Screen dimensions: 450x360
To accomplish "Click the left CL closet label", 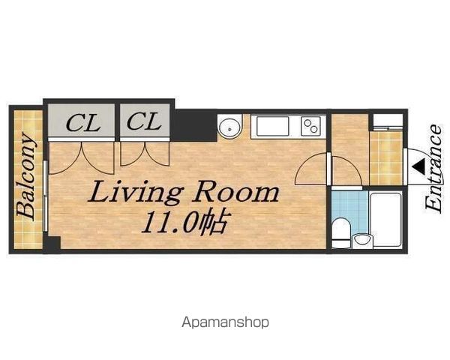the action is (83, 123).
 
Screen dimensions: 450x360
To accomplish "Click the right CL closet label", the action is (143, 121).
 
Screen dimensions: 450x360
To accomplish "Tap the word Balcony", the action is (25, 175).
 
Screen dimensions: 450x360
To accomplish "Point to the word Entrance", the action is (433, 169).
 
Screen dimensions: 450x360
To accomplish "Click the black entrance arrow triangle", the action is (419, 167).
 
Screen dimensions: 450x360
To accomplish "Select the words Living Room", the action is (183, 192).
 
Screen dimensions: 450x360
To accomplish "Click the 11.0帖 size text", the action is (184, 222).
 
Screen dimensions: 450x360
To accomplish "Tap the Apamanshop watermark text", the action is (225, 322).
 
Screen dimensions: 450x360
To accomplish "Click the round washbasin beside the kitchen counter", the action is (230, 127).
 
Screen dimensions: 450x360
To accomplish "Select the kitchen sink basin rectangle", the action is (273, 126).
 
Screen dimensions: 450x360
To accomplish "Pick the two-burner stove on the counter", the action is (310, 126).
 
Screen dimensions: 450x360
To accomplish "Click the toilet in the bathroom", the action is (341, 233).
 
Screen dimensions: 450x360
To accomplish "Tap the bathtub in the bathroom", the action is (386, 220).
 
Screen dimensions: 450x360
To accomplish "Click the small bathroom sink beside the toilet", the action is (362, 241).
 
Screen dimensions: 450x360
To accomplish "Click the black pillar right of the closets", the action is (195, 125).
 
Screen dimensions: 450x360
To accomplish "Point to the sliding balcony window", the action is (45, 196).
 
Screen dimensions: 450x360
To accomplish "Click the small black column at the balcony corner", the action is (52, 244).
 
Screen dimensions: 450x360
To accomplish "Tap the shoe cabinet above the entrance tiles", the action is (388, 122).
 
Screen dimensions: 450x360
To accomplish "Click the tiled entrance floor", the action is (386, 158).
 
